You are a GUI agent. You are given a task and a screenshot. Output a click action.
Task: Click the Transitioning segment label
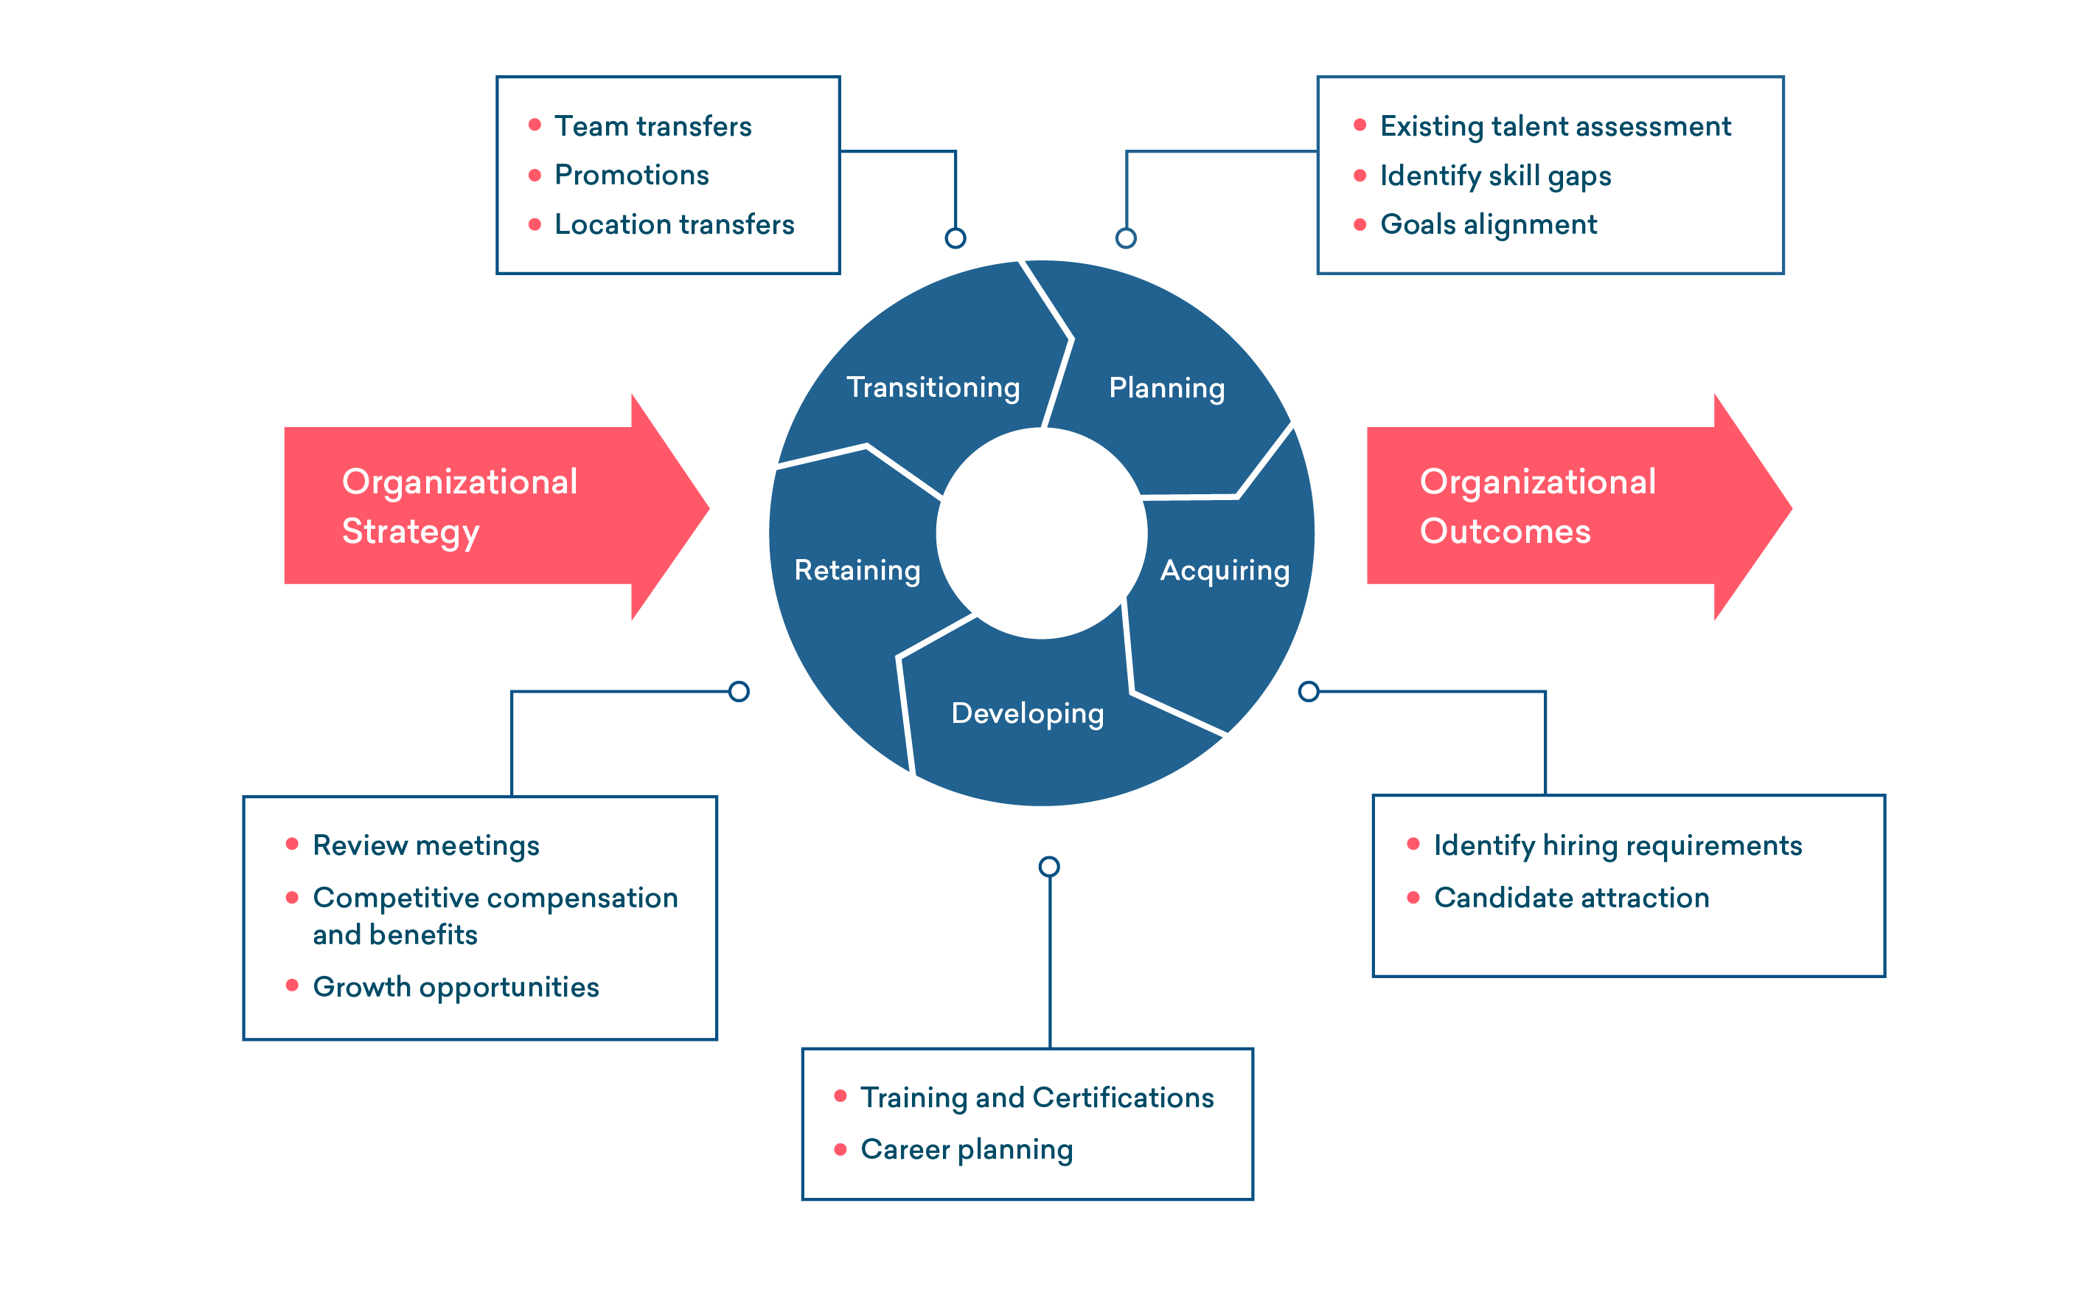tap(932, 387)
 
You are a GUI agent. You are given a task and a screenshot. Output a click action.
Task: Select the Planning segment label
tap(1166, 388)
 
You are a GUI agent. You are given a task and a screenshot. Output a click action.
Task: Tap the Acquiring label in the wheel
tap(1225, 571)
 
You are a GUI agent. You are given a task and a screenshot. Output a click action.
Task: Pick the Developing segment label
tap(1027, 714)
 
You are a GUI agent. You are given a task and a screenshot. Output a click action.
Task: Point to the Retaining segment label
tap(857, 571)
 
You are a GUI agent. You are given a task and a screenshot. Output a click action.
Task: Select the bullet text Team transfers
tap(652, 127)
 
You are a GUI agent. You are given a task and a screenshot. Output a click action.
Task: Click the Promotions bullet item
tap(631, 176)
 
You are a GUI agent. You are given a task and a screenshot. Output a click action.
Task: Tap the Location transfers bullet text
tap(675, 224)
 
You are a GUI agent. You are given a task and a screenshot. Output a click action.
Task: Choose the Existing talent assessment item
tap(1554, 127)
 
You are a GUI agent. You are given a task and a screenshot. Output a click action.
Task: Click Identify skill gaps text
tap(1495, 176)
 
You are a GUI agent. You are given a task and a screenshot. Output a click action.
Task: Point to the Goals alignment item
tap(1487, 224)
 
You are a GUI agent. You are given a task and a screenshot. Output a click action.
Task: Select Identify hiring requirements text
tap(1617, 846)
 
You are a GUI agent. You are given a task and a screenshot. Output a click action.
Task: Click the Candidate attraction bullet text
tap(1570, 898)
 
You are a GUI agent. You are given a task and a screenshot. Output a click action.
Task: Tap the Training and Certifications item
tap(1037, 1098)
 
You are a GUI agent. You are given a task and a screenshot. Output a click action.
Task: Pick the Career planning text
tap(967, 1150)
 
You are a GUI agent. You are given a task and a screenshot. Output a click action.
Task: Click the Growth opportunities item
tap(456, 988)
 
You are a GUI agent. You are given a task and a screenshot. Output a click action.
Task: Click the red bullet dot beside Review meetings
tap(292, 845)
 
